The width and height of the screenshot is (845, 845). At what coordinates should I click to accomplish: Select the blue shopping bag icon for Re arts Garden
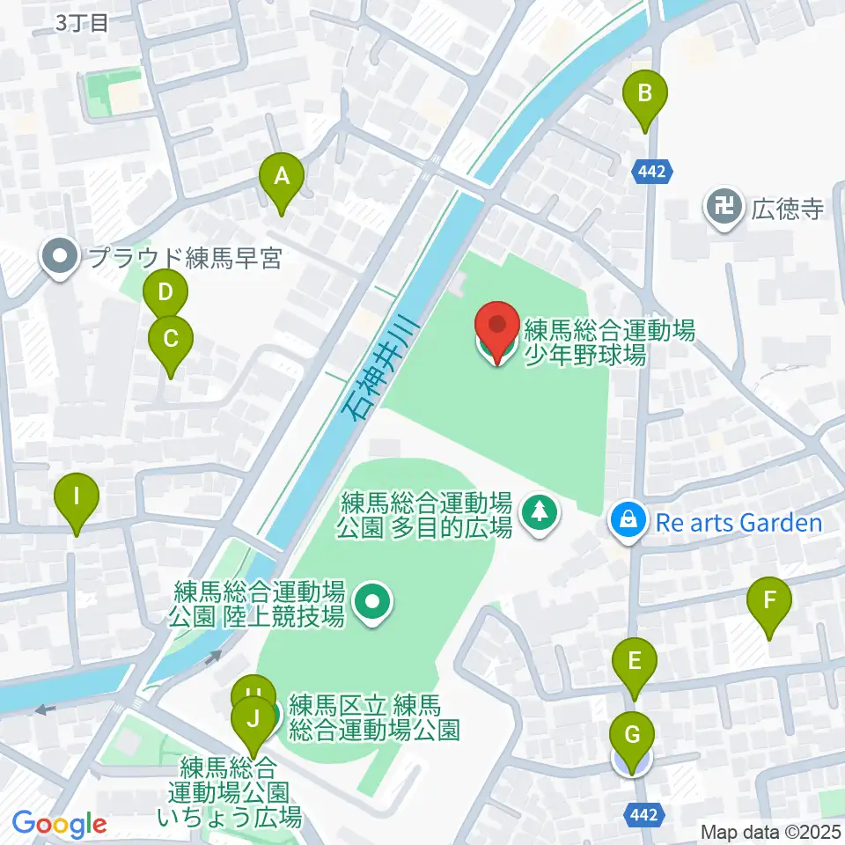tap(629, 521)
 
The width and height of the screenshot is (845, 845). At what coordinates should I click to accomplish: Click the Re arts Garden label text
tap(738, 524)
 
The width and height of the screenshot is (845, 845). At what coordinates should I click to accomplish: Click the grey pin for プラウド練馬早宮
tap(61, 258)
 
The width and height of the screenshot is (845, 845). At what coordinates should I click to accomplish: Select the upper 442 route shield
tap(653, 171)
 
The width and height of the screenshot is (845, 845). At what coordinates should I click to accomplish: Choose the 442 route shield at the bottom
tap(645, 815)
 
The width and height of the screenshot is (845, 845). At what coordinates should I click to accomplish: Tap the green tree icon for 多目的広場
tap(539, 512)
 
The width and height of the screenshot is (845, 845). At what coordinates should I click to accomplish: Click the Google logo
tap(59, 824)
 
